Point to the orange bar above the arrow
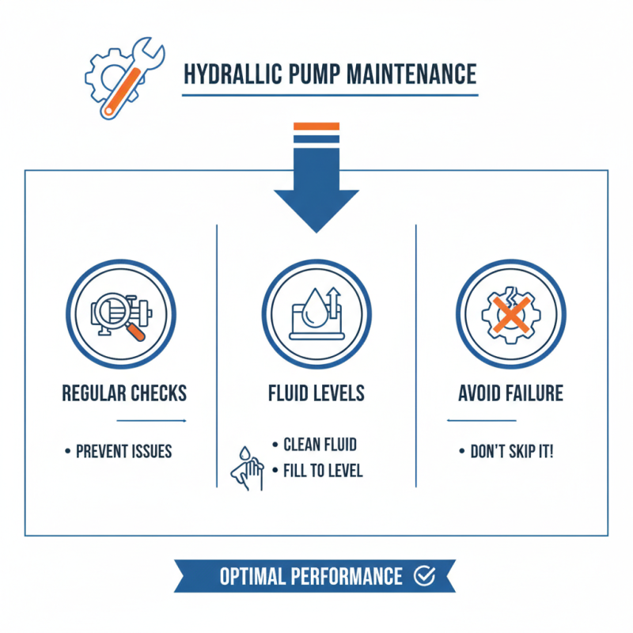[x=316, y=126]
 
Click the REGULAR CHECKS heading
[x=124, y=393]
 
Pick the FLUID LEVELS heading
[x=316, y=393]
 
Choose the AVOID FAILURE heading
[x=510, y=393]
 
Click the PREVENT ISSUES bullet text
[x=123, y=452]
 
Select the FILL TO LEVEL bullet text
[x=323, y=471]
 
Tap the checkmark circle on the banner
[x=424, y=576]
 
